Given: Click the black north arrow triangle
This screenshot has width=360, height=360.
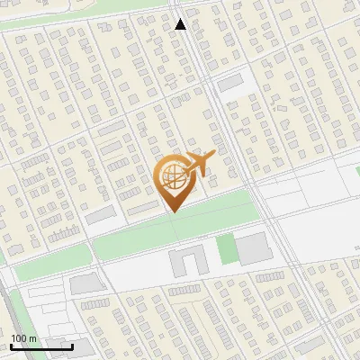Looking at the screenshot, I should [180, 24].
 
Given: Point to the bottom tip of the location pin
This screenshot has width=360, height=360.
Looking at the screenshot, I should [173, 211].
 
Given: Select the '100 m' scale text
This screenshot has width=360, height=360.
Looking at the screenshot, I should [23, 338].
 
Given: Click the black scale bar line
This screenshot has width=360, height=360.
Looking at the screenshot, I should [41, 346].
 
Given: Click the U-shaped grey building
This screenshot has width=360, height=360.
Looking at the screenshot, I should [187, 262].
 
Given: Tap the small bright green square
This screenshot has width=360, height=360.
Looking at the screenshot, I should [225, 248].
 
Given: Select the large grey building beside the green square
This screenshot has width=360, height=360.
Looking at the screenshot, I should [253, 247].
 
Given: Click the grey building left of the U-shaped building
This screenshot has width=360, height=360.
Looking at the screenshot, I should [87, 284].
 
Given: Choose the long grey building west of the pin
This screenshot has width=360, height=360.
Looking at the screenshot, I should [101, 215].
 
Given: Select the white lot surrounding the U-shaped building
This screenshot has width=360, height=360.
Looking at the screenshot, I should [153, 270].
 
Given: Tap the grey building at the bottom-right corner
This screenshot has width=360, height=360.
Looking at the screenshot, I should [310, 346].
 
